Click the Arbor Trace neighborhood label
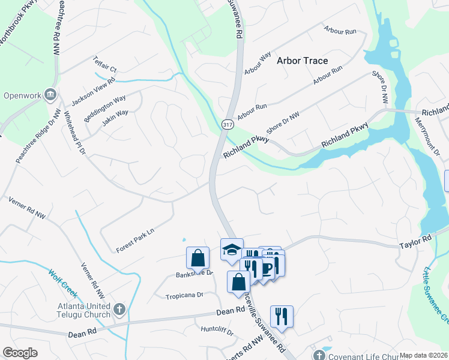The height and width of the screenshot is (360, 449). pos(302,61)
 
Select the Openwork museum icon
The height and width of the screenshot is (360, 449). pos(50,95)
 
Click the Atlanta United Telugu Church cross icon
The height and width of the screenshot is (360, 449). pos(119,310)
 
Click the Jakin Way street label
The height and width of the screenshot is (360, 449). pos(115,116)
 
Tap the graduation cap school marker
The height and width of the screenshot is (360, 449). pos(232,250)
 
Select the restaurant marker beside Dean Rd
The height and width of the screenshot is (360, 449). pos(282,315)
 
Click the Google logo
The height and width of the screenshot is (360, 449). pos(20,353)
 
